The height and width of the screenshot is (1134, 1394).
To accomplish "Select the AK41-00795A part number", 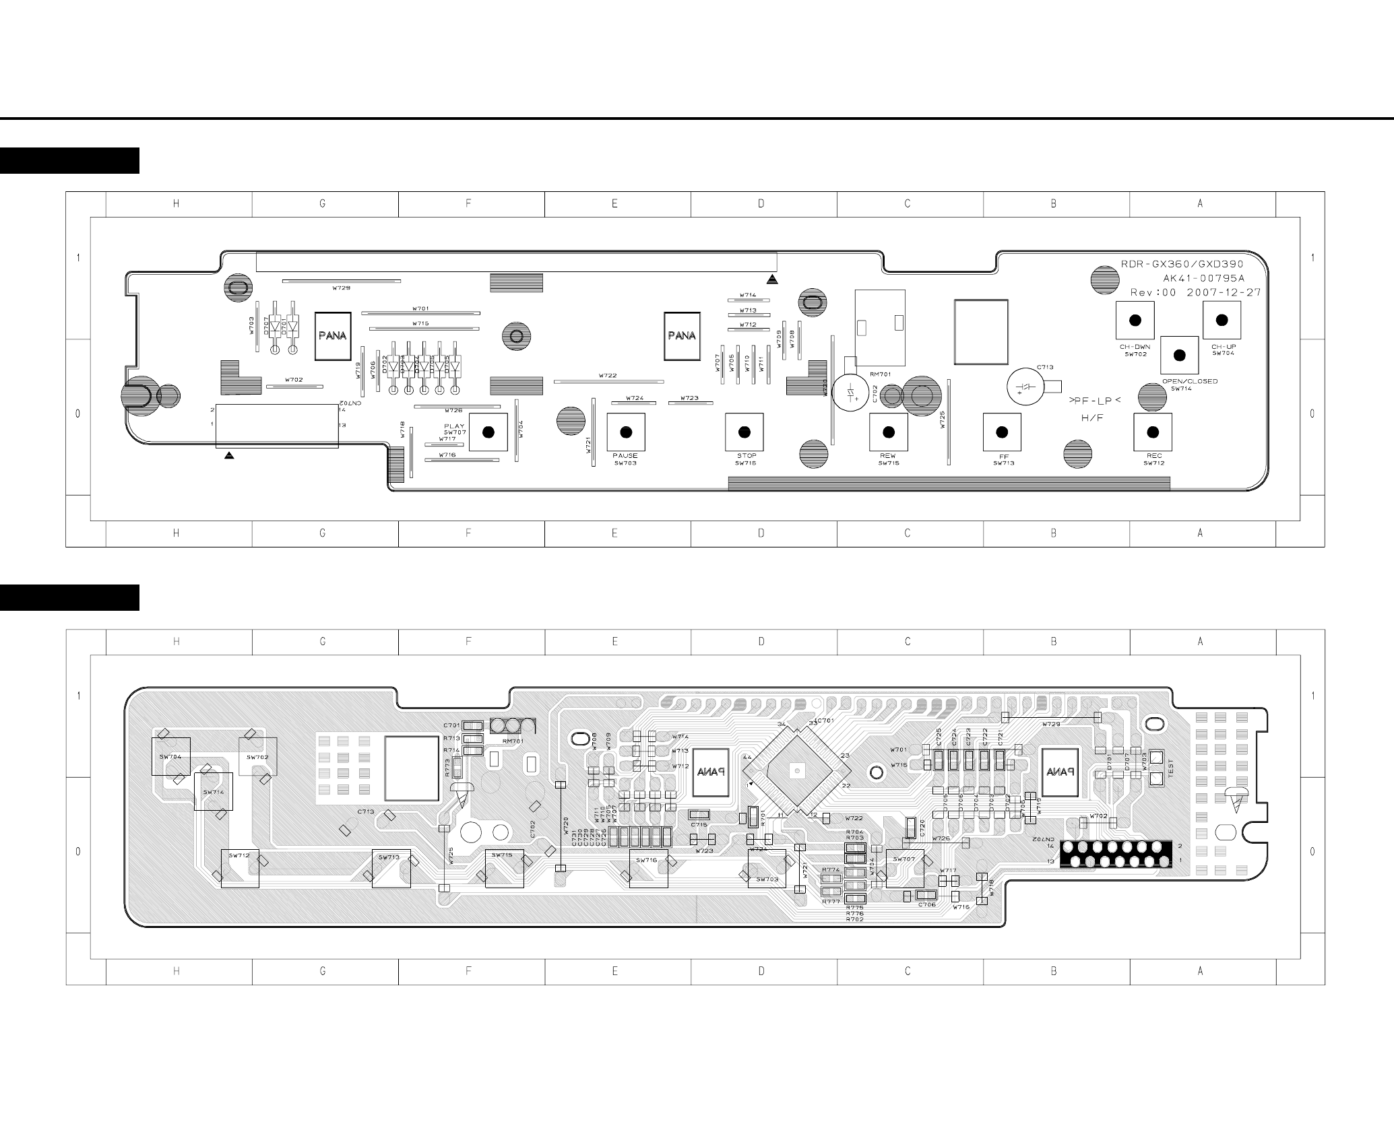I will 1203,278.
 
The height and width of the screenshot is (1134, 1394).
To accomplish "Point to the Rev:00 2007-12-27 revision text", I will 1195,292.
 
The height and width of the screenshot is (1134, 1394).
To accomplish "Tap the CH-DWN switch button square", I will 1135,321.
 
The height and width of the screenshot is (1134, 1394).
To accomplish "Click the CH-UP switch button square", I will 1222,321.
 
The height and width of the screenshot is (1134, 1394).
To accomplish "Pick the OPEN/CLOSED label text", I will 1190,381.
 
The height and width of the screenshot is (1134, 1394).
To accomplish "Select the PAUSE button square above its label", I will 626,432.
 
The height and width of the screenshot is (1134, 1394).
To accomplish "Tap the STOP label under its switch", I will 747,456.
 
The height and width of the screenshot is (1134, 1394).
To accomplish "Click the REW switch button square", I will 888,432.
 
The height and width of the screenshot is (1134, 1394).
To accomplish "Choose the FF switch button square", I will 1002,432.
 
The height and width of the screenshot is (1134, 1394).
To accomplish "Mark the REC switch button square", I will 1153,432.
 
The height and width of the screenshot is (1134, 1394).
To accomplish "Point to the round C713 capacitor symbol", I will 1025,387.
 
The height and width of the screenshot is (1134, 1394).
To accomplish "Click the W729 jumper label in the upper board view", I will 341,288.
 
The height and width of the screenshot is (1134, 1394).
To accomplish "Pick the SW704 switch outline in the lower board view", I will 170,756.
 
